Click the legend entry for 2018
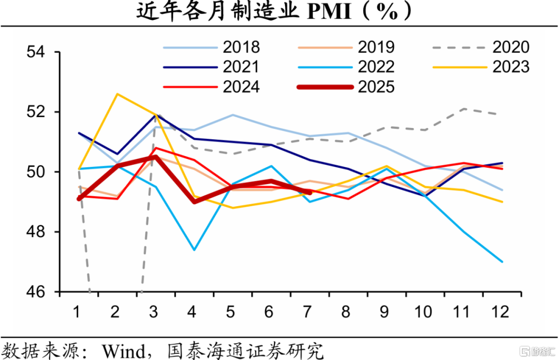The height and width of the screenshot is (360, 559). (x=212, y=47)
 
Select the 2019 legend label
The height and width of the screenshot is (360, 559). (x=346, y=47)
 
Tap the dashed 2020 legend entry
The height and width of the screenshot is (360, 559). (x=481, y=47)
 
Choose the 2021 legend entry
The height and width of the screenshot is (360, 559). (x=212, y=67)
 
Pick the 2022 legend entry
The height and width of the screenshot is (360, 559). (x=346, y=67)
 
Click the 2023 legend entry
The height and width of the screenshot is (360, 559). (x=481, y=67)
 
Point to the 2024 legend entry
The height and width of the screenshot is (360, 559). (x=212, y=87)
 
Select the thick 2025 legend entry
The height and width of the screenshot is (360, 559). (x=346, y=87)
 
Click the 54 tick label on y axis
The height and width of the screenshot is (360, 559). (x=36, y=52)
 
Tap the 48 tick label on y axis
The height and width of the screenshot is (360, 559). (x=36, y=232)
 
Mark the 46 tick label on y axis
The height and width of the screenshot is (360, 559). (x=36, y=292)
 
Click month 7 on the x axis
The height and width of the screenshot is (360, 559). (x=307, y=312)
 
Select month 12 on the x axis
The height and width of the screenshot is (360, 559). (x=500, y=312)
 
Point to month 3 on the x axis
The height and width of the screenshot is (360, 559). (x=153, y=312)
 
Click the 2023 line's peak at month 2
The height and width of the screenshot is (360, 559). (x=117, y=94)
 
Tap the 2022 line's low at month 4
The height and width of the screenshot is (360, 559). (x=194, y=250)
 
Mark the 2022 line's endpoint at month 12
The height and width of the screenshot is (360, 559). (x=502, y=262)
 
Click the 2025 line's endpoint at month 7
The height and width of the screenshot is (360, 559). (x=310, y=193)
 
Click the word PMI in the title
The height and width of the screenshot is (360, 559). (x=329, y=12)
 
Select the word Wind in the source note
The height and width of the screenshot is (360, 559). (x=124, y=351)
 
